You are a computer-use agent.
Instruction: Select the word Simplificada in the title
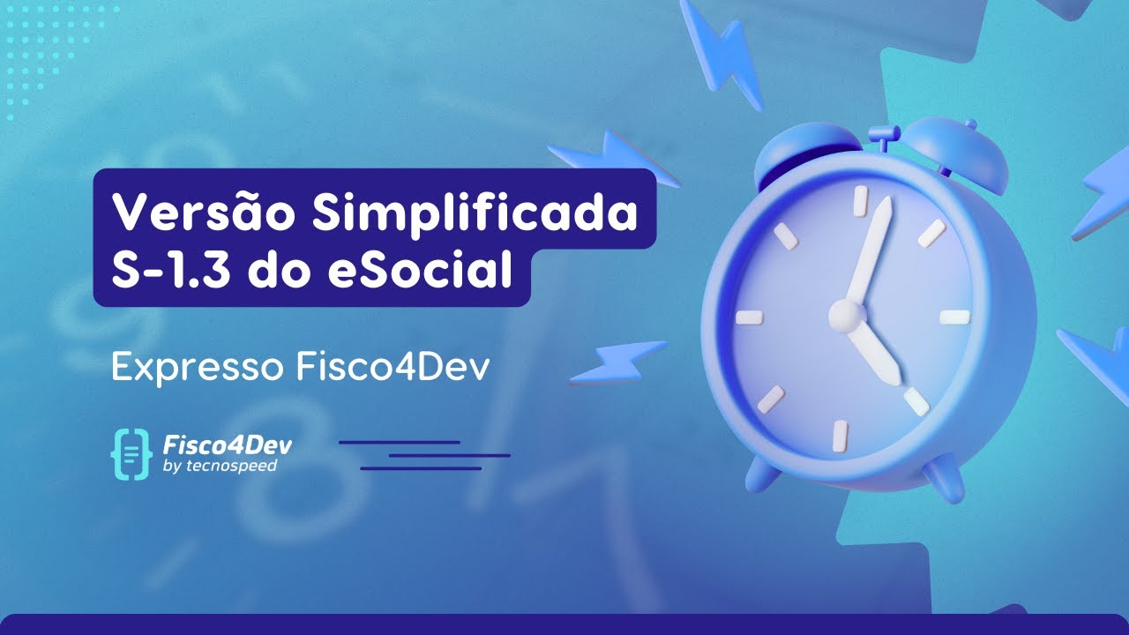click(474, 213)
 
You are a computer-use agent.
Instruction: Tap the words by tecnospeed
click(220, 467)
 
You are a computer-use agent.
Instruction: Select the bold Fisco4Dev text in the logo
click(228, 444)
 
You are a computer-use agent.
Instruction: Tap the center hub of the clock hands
click(844, 313)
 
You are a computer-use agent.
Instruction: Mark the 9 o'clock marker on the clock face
click(747, 317)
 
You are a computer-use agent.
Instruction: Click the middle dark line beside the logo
click(450, 455)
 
